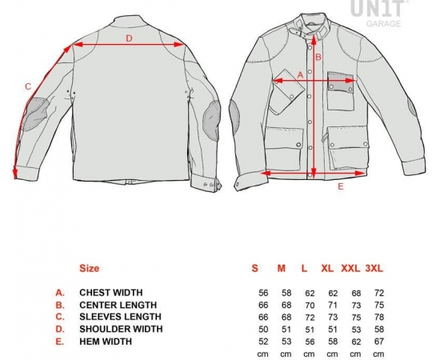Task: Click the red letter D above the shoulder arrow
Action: pos(129,38)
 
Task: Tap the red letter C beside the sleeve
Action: pos(28,86)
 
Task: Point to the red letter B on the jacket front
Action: pos(318,57)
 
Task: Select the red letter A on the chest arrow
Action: pos(300,75)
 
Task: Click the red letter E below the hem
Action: pos(341,186)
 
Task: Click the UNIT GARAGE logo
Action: pos(379,13)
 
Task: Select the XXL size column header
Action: pos(350,268)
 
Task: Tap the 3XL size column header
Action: pos(374,268)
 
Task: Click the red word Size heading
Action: pos(90,268)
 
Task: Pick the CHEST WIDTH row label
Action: pos(111,292)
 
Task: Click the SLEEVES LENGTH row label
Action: pos(120,317)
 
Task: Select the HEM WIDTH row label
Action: pos(106,342)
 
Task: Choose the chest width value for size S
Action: pos(263,293)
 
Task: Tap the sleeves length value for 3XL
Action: pos(379,317)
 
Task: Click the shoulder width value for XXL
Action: pos(356,329)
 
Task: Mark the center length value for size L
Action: pos(310,305)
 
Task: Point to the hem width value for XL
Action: pos(333,342)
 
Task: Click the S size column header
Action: pos(254,268)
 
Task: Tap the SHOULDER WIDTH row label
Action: pos(121,329)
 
